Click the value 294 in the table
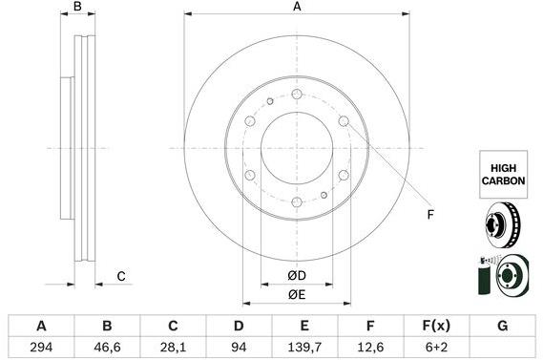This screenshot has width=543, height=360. point(41,347)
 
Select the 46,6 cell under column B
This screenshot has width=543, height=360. point(107,347)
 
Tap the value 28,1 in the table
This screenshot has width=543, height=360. point(173,347)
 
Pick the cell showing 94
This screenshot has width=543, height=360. point(239,347)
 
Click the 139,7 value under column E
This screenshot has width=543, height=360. point(304,347)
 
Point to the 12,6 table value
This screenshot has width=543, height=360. point(370,347)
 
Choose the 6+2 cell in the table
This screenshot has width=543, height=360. point(436,347)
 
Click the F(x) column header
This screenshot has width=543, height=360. point(436,326)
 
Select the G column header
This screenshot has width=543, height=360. point(503,326)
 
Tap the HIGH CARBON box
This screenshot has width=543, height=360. point(503,175)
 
